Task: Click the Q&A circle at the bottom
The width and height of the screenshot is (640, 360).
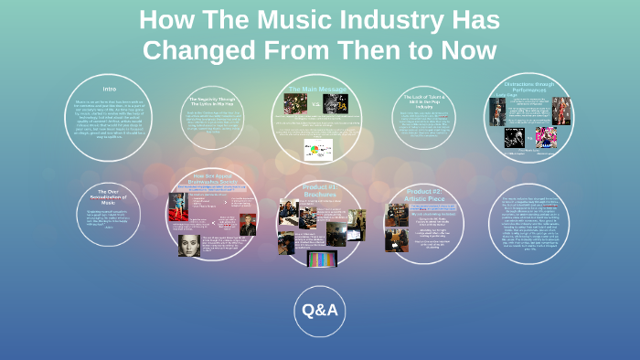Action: pos(320,311)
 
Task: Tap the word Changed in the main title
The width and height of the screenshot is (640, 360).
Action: pos(196,49)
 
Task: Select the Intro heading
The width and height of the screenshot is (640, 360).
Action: pos(109,90)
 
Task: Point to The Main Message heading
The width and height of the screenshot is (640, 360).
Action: pos(317,89)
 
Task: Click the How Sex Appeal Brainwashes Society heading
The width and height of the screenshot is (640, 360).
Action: pos(212,179)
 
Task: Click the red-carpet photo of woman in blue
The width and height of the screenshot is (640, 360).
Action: pos(177,206)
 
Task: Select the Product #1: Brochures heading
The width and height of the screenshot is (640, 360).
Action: pos(319,189)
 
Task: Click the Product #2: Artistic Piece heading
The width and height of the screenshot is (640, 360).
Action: pos(423,193)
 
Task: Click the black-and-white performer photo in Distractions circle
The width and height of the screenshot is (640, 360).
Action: pos(514,137)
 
